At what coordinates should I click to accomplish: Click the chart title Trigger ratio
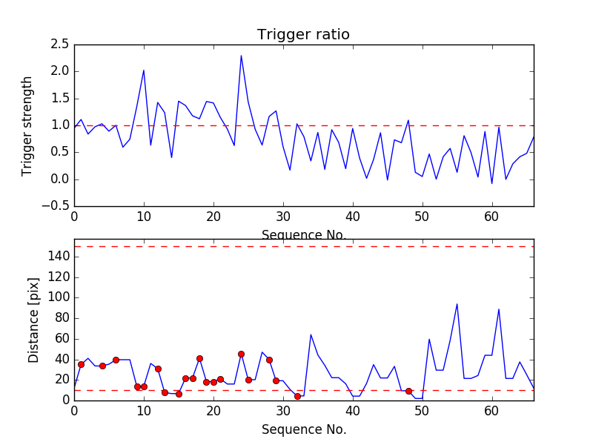coord(303,35)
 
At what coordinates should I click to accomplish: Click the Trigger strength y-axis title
coord(27,125)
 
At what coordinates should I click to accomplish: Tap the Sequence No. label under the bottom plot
coord(303,429)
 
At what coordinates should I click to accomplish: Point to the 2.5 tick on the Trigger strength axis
coord(59,44)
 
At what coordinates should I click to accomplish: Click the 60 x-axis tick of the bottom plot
coord(491,409)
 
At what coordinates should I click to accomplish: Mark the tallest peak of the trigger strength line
coord(241,56)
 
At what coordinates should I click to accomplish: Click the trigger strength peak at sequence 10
coord(144,70)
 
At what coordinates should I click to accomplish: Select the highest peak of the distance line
coord(457,303)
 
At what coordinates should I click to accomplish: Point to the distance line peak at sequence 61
coord(499,309)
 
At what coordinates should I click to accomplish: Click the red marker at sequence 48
coord(408,391)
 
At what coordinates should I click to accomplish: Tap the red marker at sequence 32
coord(297,396)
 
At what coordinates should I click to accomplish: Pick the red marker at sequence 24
coord(241,354)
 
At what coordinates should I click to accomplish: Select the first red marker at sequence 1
coord(81,364)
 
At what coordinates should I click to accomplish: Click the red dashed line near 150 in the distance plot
coord(304,246)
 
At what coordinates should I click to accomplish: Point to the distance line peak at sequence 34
coord(311,334)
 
